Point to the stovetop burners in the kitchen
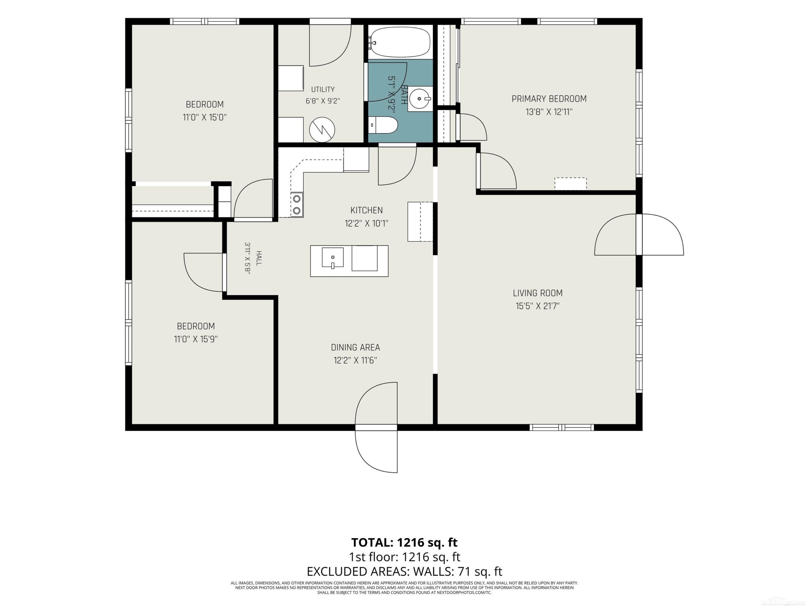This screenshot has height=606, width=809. [x=297, y=205]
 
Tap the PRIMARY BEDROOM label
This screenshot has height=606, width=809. [x=549, y=98]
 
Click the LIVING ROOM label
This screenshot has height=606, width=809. [x=538, y=293]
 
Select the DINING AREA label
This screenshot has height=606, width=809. [x=356, y=348]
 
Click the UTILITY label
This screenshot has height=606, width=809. [x=323, y=89]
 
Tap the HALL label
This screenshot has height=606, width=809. [x=259, y=258]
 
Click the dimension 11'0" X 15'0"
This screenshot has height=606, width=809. [x=205, y=117]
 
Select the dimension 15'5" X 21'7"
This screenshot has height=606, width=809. [x=538, y=306]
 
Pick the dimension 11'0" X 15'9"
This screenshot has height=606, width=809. [x=196, y=339]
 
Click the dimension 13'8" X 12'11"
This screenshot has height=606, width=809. [x=549, y=112]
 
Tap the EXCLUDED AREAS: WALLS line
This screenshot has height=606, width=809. [x=404, y=571]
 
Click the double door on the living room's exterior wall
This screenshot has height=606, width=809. [x=639, y=235]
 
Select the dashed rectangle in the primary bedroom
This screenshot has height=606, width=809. [x=570, y=183]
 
